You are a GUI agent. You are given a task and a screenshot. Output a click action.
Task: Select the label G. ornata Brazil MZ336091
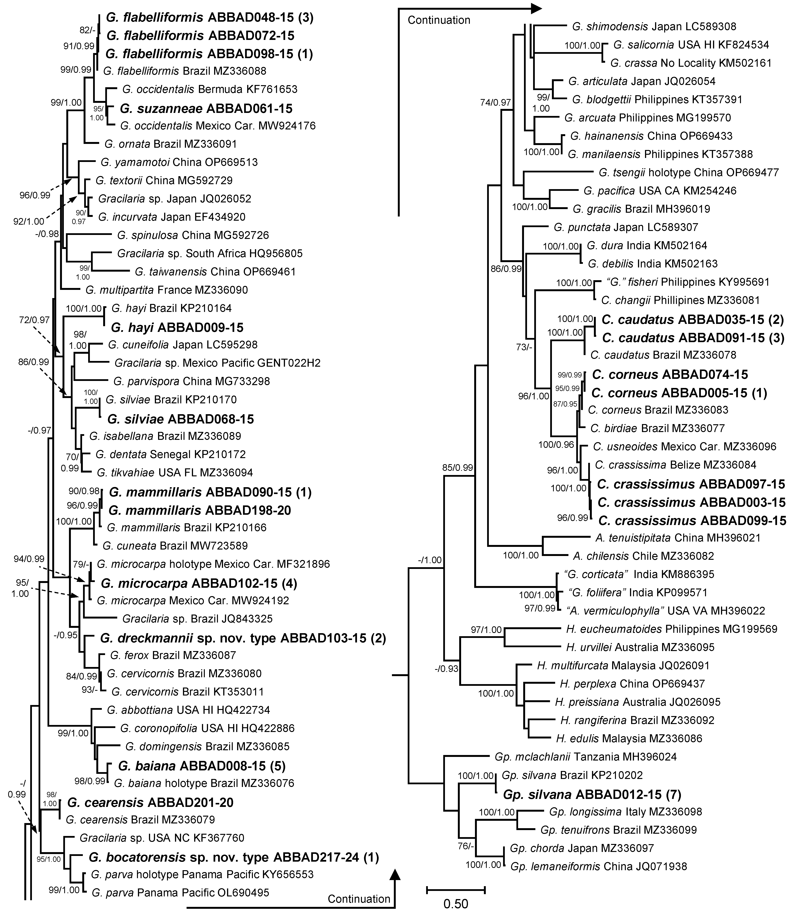coord(170,144)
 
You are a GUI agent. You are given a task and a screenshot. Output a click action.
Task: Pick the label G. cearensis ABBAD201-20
coord(150,802)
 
